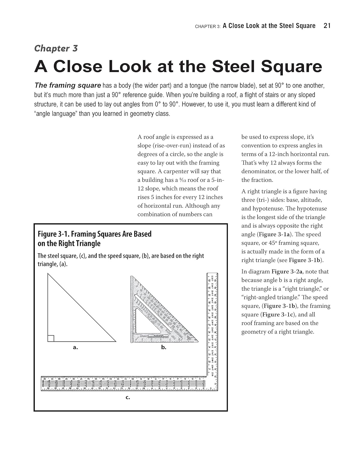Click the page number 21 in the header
click(327, 26)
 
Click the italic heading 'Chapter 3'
click(56, 48)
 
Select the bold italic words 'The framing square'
click(68, 85)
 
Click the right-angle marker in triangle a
click(51, 338)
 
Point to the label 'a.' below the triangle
click(75, 347)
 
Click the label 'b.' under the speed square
click(163, 347)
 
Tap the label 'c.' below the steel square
click(128, 398)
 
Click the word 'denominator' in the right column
click(258, 171)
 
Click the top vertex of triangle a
click(48, 274)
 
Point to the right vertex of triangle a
click(115, 341)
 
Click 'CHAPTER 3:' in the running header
click(208, 26)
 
